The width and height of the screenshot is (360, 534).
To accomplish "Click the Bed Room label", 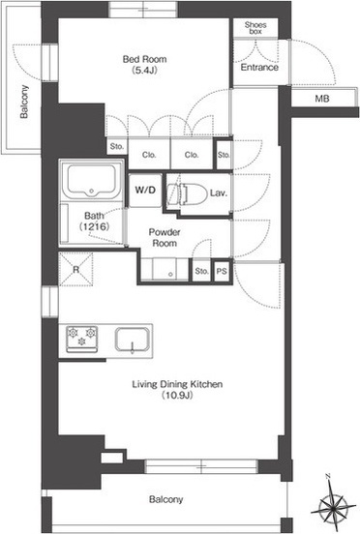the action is [x=145, y=59].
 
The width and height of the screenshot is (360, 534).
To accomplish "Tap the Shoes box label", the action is [x=255, y=28].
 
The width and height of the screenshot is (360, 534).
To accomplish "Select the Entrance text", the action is [x=259, y=67].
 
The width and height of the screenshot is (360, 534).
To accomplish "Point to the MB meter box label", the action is [x=322, y=99].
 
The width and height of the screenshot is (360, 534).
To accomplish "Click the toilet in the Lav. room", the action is [x=188, y=194].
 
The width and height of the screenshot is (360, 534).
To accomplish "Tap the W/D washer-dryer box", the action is [x=145, y=190].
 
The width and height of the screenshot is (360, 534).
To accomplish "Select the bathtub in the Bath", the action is [x=91, y=181].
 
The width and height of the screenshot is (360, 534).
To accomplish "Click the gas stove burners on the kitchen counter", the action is [x=81, y=340].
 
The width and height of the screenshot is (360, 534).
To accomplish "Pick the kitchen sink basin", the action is [x=133, y=340].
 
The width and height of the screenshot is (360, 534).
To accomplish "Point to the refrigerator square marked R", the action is [x=75, y=269].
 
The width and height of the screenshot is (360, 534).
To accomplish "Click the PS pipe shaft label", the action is [x=222, y=272].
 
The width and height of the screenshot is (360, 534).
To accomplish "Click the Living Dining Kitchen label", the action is [x=177, y=384].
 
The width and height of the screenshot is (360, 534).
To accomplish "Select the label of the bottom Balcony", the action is [x=166, y=499].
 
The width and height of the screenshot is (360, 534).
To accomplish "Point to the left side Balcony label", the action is [x=24, y=102].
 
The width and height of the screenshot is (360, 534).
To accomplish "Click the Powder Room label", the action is [x=165, y=238].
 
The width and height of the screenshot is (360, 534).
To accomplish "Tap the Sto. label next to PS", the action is [x=201, y=271].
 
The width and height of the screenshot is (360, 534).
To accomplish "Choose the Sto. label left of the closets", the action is [x=117, y=147].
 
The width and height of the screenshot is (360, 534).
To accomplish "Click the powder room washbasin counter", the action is [x=165, y=269].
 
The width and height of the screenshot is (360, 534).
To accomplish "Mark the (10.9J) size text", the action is [x=177, y=396].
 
